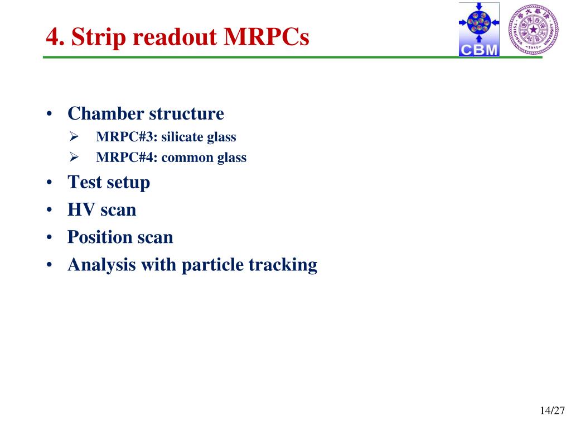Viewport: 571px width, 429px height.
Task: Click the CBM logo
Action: (479, 30)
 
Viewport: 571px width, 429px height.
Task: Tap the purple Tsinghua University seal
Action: (533, 30)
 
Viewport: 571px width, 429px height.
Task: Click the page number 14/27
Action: (552, 411)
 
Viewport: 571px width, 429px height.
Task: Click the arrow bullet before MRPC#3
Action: (74, 137)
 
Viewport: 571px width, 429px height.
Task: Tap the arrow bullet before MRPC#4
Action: (74, 157)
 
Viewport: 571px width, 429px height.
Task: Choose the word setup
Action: (128, 183)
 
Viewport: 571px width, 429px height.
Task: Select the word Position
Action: (100, 237)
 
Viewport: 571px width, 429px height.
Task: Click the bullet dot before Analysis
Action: (50, 264)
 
